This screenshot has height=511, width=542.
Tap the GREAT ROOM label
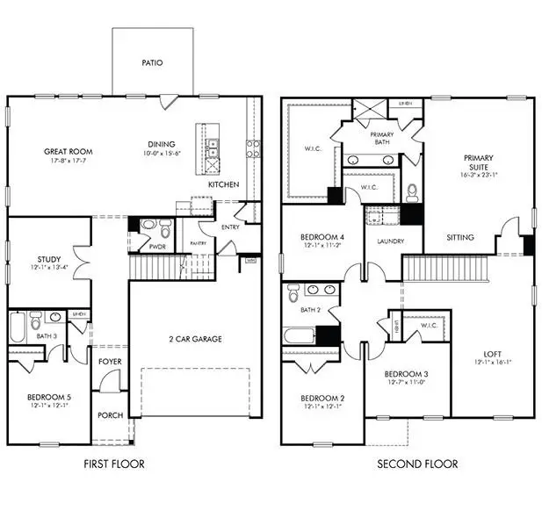69,152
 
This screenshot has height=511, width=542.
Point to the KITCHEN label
223,185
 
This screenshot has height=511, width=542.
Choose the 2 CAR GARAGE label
195,339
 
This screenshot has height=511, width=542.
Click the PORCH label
110,416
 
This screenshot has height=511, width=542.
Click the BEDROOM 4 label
321,238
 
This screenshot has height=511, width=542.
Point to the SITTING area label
460,237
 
